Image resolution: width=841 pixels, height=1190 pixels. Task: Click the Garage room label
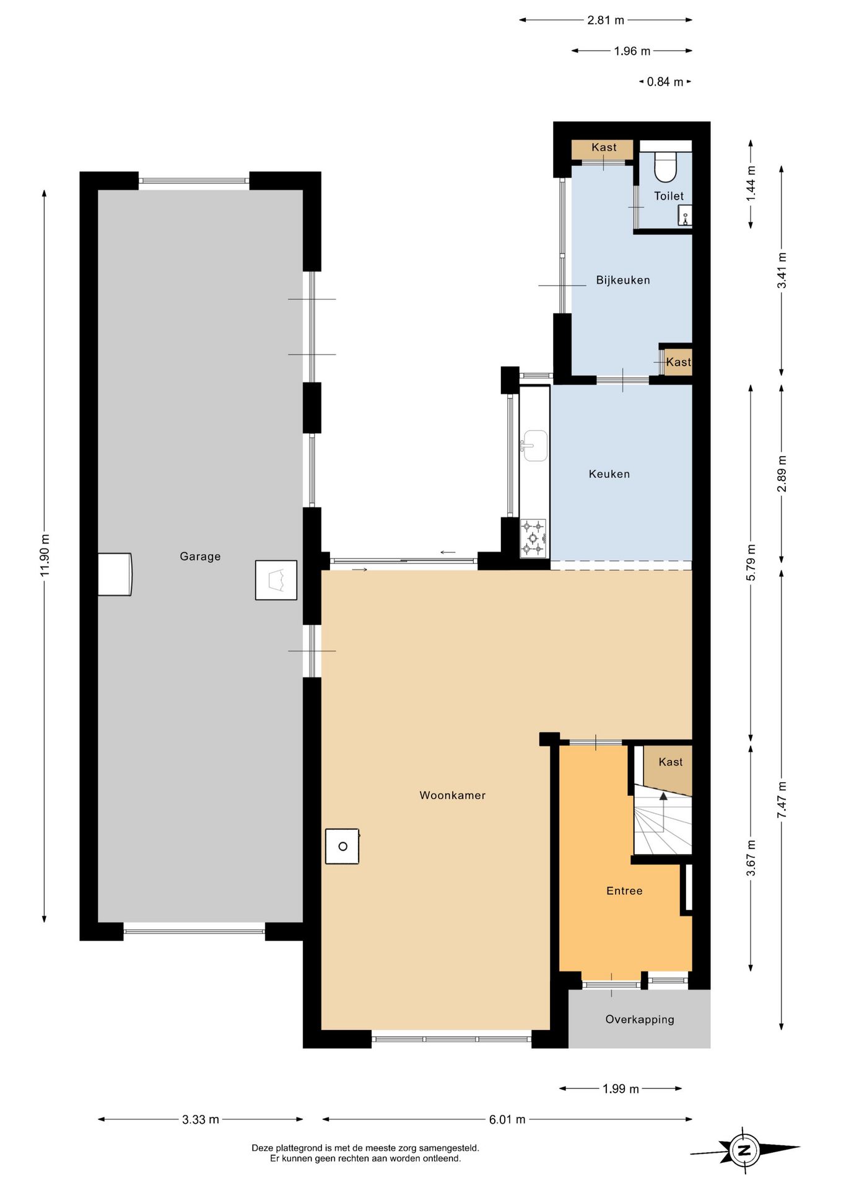(x=200, y=557)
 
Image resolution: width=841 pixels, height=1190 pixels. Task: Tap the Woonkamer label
(x=453, y=795)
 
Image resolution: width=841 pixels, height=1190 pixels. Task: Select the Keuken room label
(x=609, y=474)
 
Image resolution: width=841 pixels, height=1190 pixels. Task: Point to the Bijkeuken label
(x=623, y=280)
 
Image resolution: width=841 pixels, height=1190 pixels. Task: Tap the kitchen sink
(x=534, y=446)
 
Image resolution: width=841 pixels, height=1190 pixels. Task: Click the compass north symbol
(x=744, y=1151)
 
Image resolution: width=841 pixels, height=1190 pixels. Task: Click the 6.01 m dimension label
(x=507, y=1119)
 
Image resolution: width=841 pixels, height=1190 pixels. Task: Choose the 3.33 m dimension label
(x=201, y=1119)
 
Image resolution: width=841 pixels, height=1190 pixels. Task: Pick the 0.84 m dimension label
(x=665, y=82)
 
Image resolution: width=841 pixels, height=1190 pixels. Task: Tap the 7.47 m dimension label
(x=782, y=800)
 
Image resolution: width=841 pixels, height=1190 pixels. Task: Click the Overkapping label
(x=640, y=1019)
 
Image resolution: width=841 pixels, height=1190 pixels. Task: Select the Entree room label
(x=624, y=891)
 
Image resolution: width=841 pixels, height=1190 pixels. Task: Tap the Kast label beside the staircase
(x=671, y=762)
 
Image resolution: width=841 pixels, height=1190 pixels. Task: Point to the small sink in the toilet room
(x=684, y=217)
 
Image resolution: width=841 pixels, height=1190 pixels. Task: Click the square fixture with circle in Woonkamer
(x=342, y=847)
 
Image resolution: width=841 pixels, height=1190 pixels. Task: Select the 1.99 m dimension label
(x=621, y=1089)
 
